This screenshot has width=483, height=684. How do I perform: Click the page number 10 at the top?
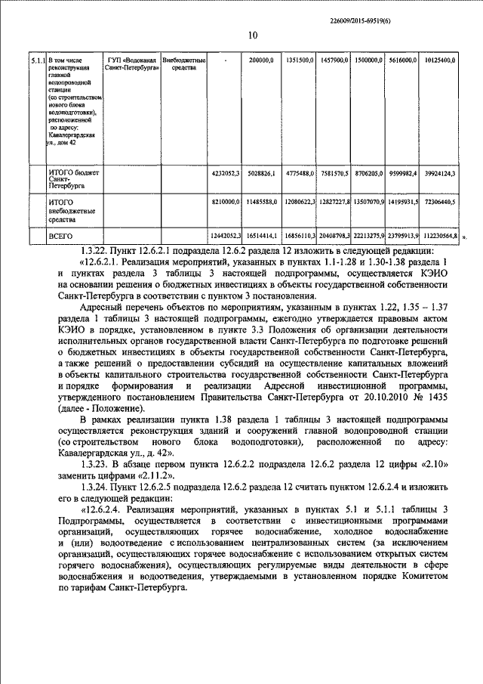[x=253, y=36]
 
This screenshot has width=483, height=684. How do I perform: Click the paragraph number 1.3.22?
[x=95, y=251]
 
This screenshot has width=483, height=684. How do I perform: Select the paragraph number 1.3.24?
[x=95, y=487]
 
